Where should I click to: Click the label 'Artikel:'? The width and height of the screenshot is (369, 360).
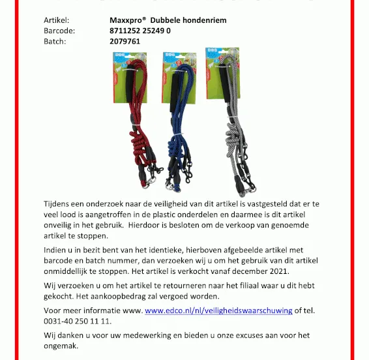click(x=56, y=20)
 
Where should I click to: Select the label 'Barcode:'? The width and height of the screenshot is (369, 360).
click(x=59, y=31)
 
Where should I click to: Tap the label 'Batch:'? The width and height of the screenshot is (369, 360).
click(x=55, y=41)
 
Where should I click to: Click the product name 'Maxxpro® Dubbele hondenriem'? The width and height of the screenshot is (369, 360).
click(x=168, y=20)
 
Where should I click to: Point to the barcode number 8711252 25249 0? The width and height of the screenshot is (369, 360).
click(x=140, y=31)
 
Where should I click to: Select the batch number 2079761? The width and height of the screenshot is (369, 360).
click(x=125, y=41)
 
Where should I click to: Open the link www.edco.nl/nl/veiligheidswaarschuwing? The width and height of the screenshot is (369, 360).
click(x=218, y=311)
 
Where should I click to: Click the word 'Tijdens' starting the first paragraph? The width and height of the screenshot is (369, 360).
click(x=58, y=204)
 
